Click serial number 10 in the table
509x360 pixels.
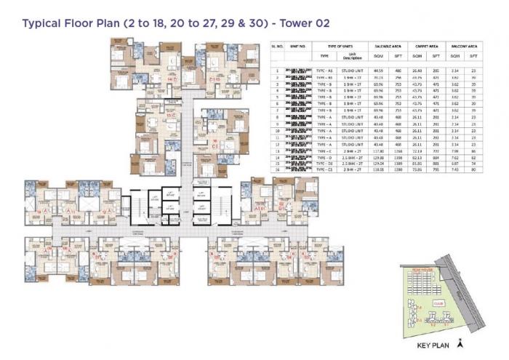278,131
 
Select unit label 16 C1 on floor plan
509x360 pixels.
215,143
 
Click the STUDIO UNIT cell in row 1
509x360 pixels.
348,71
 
